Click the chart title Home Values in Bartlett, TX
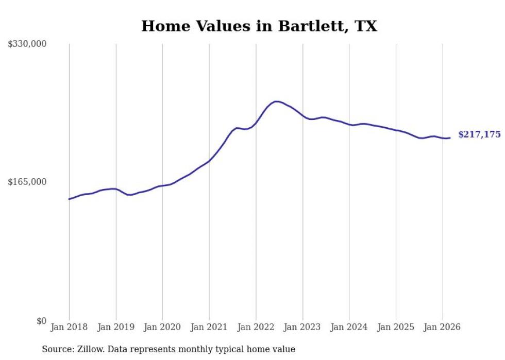259,26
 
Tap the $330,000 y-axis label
27,44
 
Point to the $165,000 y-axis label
27,182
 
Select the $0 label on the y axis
41,321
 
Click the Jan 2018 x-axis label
69,327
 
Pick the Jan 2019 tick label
116,327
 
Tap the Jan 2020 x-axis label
162,327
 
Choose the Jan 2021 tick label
209,327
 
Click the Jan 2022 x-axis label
256,327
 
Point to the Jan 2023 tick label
302,327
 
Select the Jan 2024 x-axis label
349,327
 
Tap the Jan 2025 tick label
396,327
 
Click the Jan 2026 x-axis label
443,327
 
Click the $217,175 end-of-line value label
479,134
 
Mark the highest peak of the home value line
276,101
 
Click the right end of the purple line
450,138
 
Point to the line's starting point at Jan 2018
69,199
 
